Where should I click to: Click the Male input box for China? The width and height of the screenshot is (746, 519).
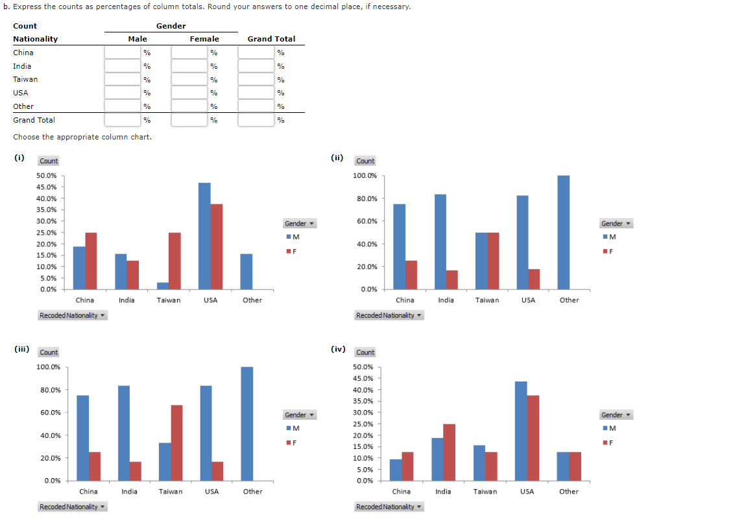click(x=123, y=53)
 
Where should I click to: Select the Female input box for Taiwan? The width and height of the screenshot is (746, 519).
click(x=189, y=79)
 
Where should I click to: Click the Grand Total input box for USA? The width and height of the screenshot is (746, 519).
click(x=256, y=93)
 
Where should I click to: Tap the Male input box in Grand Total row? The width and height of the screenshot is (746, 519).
click(x=123, y=120)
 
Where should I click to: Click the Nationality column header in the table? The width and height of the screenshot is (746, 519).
click(x=35, y=39)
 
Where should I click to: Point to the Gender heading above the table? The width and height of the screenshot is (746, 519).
click(x=171, y=26)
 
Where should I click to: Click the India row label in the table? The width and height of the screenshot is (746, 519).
click(x=22, y=66)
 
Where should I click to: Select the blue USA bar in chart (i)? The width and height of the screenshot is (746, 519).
click(x=204, y=236)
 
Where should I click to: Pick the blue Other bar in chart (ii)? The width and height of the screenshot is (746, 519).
click(x=563, y=232)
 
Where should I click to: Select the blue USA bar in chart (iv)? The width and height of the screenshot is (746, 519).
click(x=520, y=431)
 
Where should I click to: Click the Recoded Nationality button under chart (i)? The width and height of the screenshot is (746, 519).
click(x=72, y=315)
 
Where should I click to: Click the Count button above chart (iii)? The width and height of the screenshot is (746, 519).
click(x=49, y=352)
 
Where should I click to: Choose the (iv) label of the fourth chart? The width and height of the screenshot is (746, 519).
click(x=338, y=348)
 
